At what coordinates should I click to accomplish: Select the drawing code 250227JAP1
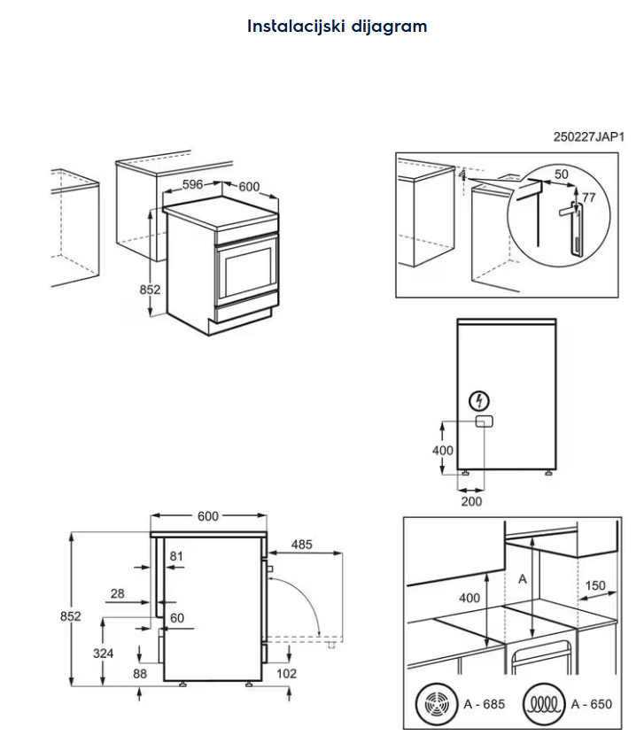click(589, 137)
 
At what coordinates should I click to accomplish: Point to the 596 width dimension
click(194, 186)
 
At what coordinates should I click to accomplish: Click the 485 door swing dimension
click(302, 545)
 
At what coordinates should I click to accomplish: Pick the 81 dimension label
click(176, 556)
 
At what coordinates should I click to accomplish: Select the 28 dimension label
click(118, 594)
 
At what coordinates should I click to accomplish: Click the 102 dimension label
click(286, 674)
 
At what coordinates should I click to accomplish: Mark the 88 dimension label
click(140, 674)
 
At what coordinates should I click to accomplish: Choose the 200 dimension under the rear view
click(471, 501)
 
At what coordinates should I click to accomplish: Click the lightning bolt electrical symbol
click(480, 400)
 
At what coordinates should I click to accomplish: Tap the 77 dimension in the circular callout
click(589, 197)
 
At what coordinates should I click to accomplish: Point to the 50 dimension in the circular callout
click(561, 175)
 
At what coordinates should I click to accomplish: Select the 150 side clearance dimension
click(595, 585)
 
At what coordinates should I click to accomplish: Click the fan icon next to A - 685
click(436, 705)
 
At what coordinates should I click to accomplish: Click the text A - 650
click(591, 705)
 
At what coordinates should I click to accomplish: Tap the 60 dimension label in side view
click(176, 618)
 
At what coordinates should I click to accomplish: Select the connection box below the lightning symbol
click(483, 422)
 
